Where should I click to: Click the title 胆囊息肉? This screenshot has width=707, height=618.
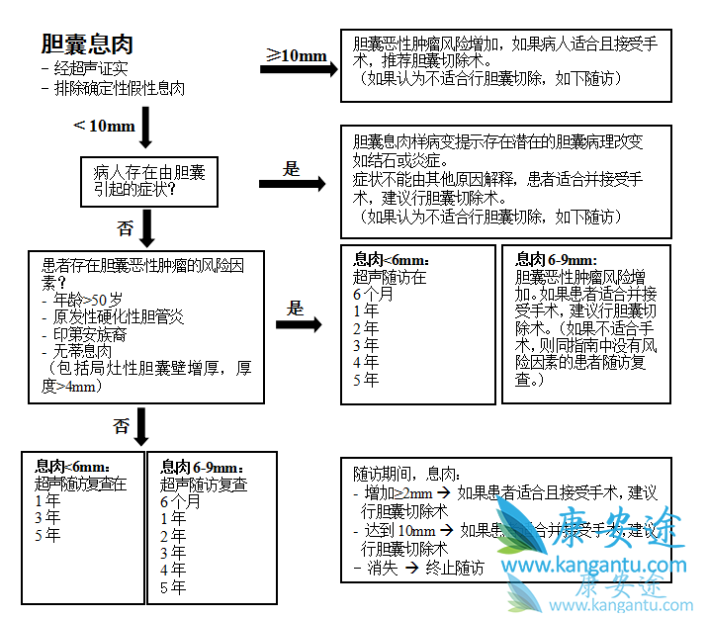pyautogui.click(x=87, y=44)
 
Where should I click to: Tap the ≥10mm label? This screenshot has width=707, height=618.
pyautogui.click(x=298, y=55)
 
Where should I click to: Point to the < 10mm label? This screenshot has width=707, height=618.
pyautogui.click(x=104, y=126)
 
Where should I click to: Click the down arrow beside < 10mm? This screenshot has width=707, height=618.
pyautogui.click(x=148, y=127)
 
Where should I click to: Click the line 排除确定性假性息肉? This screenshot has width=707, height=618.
pyautogui.click(x=114, y=87)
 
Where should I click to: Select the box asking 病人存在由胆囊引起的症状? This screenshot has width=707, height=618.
pyautogui.click(x=148, y=181)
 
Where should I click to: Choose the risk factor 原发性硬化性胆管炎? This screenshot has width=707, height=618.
pyautogui.click(x=113, y=316)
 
